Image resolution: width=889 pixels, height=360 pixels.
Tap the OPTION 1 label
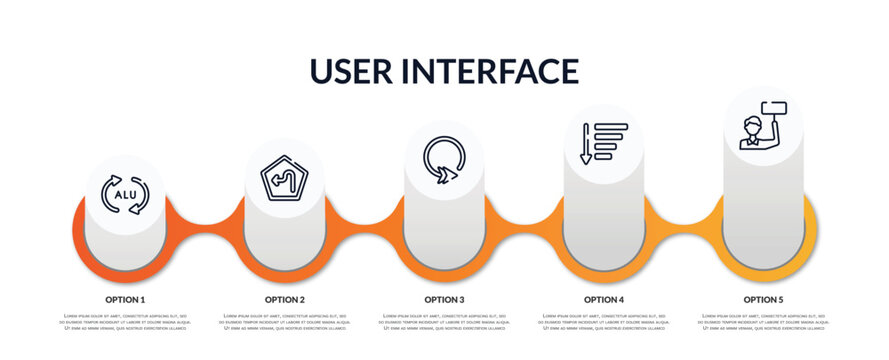(x=125, y=299)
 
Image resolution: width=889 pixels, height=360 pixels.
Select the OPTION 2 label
(x=285, y=299)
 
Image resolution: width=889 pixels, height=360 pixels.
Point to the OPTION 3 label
(x=444, y=299)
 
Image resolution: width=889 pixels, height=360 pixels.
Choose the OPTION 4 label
(x=604, y=299)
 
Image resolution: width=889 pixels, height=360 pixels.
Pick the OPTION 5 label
(x=763, y=299)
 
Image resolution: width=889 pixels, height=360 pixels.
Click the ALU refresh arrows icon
(x=126, y=194)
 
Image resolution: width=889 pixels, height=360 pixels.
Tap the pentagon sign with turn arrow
(x=284, y=178)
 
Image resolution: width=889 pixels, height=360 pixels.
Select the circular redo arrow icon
(x=444, y=161)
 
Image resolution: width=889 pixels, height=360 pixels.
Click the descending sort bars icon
(x=603, y=142)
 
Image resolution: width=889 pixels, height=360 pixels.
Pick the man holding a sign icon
(x=762, y=125)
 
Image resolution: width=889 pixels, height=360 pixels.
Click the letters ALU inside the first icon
(x=126, y=195)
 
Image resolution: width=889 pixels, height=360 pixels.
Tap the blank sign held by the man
(x=774, y=108)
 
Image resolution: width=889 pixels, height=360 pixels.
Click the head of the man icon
(x=752, y=126)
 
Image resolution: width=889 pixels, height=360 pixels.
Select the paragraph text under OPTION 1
(x=125, y=321)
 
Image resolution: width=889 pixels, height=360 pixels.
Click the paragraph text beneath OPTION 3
(x=444, y=321)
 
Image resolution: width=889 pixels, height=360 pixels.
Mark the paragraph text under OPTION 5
(x=763, y=321)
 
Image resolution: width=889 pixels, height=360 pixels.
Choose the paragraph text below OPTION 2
(x=285, y=321)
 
